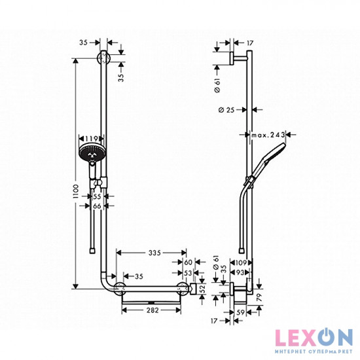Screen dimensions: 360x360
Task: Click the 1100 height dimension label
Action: point(76,191)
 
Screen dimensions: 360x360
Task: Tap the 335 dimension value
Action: point(154,253)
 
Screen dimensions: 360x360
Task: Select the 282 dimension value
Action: point(153,310)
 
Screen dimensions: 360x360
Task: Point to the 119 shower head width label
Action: point(91,139)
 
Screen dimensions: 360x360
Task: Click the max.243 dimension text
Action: point(268,135)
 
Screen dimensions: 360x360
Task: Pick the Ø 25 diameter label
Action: point(226,110)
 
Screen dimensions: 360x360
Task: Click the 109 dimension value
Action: point(240,262)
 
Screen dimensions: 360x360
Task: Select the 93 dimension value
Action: point(240,273)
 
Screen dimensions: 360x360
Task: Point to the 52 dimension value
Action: point(202,289)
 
